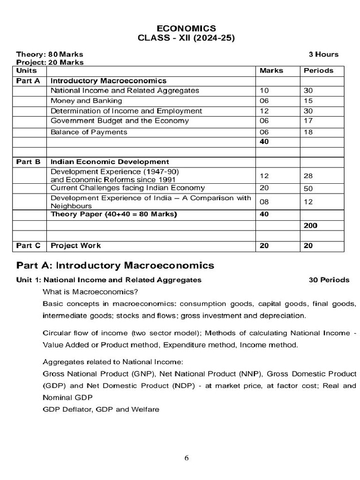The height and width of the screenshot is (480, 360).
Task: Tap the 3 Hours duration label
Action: click(x=323, y=54)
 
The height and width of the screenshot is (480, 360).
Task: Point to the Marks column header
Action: click(x=271, y=70)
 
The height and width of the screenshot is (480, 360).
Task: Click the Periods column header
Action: click(x=318, y=70)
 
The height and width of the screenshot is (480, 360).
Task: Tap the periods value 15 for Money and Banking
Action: click(x=308, y=101)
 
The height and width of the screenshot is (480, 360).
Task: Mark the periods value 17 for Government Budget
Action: click(x=308, y=121)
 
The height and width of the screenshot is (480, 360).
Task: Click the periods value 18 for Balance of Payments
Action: click(x=308, y=132)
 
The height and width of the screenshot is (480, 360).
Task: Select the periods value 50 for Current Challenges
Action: click(x=309, y=188)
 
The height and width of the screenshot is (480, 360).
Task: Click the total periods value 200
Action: click(x=310, y=225)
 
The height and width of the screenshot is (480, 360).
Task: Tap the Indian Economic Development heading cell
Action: click(x=110, y=162)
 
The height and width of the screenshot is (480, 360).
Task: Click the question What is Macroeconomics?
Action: click(x=90, y=292)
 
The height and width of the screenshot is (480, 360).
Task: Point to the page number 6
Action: click(x=187, y=458)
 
